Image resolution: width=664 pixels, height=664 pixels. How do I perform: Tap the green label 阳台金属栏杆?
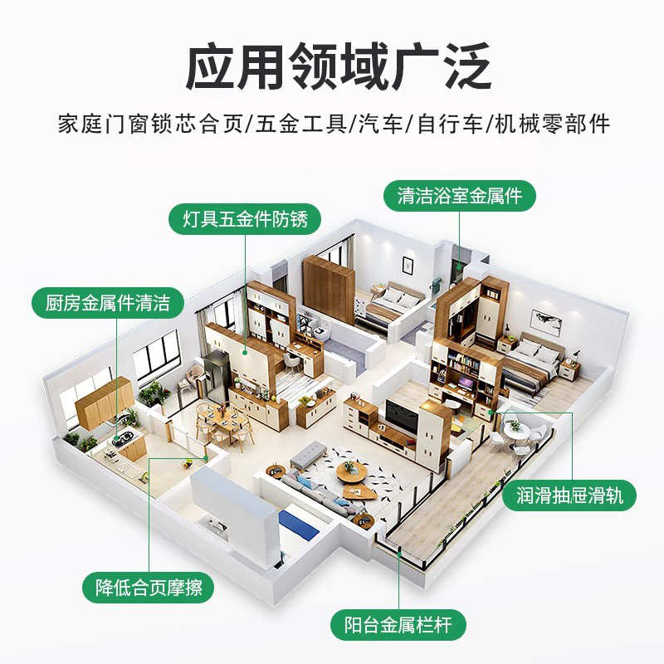point(398,624)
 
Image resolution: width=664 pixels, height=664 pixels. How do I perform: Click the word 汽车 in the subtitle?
point(379,124)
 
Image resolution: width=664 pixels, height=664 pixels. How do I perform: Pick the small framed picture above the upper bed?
point(408,264)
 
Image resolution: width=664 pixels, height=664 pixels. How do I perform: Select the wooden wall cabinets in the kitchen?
point(104,401)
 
